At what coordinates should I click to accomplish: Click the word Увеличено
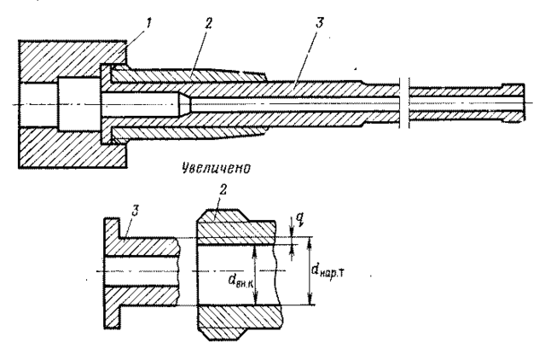216,168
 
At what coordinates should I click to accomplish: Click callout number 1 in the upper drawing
148,23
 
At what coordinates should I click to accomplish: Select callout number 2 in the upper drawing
208,23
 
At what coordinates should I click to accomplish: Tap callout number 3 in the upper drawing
319,23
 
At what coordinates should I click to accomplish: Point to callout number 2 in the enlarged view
223,189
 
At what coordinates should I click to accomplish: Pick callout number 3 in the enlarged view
135,212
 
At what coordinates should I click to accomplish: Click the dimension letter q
299,218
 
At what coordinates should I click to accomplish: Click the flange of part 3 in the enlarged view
113,274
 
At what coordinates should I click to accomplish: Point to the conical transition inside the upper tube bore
184,104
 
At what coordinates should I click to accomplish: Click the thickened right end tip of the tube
513,103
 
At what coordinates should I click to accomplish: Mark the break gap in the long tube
404,103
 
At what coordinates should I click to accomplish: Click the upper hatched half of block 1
72,61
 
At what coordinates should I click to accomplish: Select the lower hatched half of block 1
72,148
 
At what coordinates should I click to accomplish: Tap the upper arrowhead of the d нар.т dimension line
310,241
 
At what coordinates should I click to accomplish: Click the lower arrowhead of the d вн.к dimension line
255,299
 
